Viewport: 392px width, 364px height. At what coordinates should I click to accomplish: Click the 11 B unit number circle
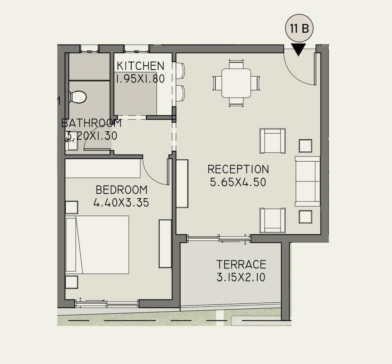pyautogui.click(x=299, y=28)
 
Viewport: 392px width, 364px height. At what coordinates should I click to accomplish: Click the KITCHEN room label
pyautogui.click(x=140, y=66)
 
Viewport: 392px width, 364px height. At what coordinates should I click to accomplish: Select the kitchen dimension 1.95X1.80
pyautogui.click(x=140, y=79)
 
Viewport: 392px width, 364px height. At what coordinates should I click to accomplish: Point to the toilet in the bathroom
pyautogui.click(x=78, y=97)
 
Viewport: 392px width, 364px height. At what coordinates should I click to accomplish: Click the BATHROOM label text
pyautogui.click(x=91, y=123)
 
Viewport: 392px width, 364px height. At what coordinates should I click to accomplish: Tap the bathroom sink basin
pyautogui.click(x=72, y=144)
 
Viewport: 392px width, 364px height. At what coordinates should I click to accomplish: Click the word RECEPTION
pyautogui.click(x=238, y=169)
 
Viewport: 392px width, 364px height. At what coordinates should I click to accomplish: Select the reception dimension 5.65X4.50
pyautogui.click(x=238, y=182)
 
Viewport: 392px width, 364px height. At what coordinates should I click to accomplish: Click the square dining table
pyautogui.click(x=236, y=83)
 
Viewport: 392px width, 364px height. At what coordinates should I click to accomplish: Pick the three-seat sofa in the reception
pyautogui.click(x=307, y=181)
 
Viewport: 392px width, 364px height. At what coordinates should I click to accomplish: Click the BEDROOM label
pyautogui.click(x=122, y=190)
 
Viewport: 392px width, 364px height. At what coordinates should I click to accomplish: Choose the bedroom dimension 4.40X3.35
pyautogui.click(x=121, y=203)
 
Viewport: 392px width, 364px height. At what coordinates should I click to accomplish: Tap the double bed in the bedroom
pyautogui.click(x=97, y=245)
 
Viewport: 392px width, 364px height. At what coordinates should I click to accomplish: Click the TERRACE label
pyautogui.click(x=241, y=265)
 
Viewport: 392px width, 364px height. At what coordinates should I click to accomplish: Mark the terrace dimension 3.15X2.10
pyautogui.click(x=241, y=277)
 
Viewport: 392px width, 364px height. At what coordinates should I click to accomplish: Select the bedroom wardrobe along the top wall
pyautogui.click(x=103, y=168)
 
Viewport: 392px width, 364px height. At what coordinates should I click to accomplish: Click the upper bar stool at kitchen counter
pyautogui.click(x=180, y=70)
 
